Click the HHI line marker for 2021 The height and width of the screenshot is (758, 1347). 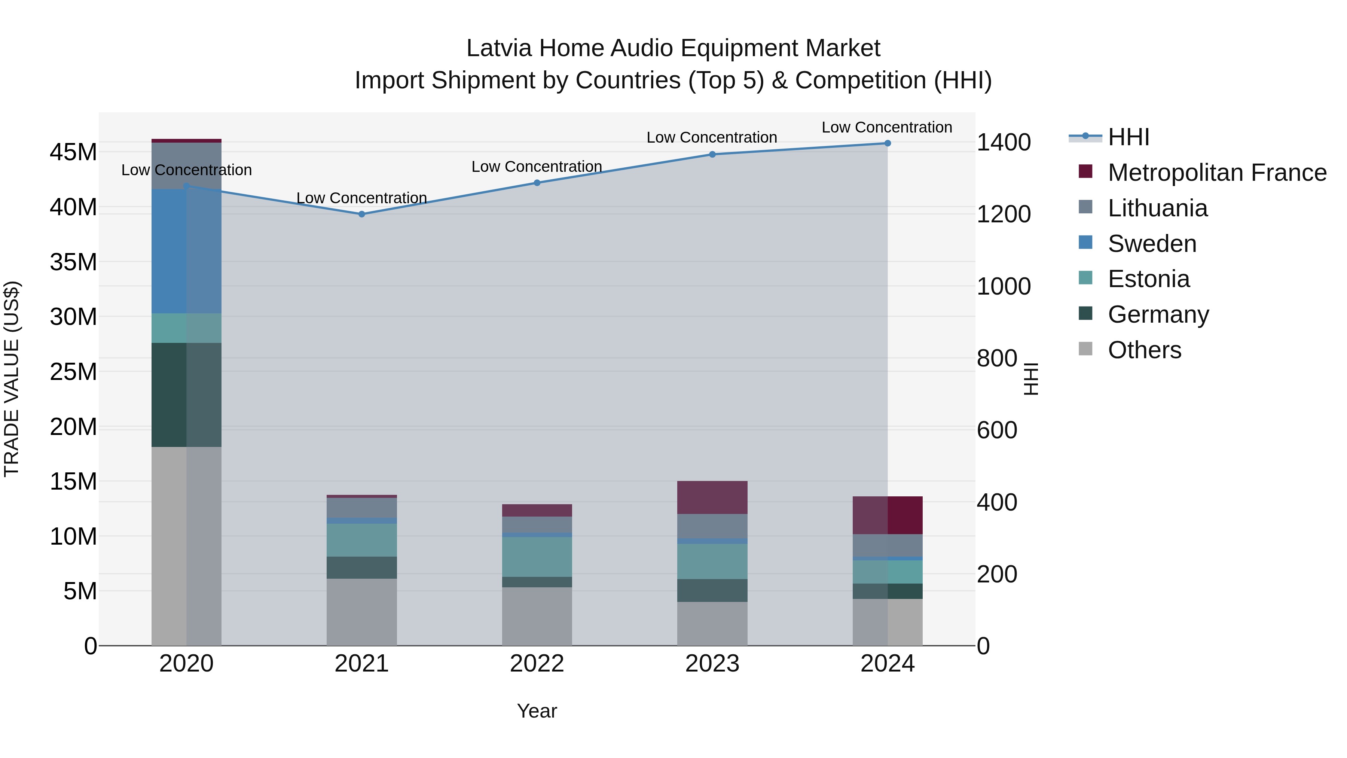(x=361, y=214)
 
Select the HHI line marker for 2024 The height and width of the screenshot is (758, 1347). (x=888, y=143)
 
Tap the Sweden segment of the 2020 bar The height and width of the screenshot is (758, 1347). (x=186, y=251)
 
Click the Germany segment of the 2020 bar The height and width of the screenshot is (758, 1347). (x=186, y=395)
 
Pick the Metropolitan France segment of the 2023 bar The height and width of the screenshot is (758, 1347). (x=712, y=497)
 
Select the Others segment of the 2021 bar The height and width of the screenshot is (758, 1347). (x=361, y=612)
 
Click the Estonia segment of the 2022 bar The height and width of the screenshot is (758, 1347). (x=537, y=557)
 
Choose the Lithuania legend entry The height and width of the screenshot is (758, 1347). (x=1157, y=208)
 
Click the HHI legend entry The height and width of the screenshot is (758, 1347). (x=1128, y=137)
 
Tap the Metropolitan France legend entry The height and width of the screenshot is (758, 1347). (x=1217, y=173)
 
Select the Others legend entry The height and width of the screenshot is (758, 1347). (x=1144, y=350)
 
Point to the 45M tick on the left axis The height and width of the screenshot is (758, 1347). (x=73, y=152)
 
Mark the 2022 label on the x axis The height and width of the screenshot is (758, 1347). (x=537, y=664)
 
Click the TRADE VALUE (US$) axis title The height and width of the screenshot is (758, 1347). (x=12, y=379)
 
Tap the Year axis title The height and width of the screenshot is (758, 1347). (x=537, y=711)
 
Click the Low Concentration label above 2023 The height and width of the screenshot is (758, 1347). (x=712, y=138)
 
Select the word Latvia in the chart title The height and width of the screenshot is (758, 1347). (x=500, y=48)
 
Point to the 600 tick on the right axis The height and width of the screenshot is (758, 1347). (x=997, y=430)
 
